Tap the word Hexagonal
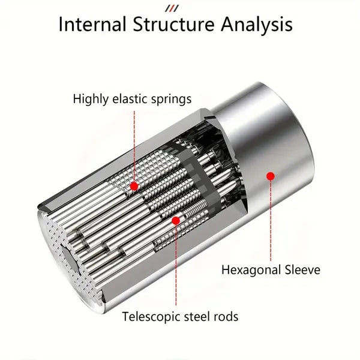(x=251, y=269)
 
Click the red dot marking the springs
(x=134, y=187)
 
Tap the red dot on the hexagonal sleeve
(x=271, y=176)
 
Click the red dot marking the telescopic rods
(x=176, y=220)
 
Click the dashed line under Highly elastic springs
(x=134, y=144)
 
